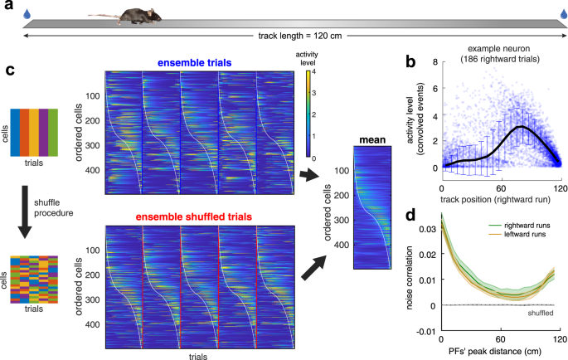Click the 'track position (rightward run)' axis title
(x=497, y=201)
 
